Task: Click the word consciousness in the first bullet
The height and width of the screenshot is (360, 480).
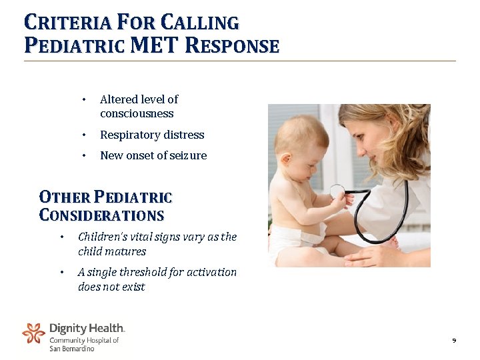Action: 137,114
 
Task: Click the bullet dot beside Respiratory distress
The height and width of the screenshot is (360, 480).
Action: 84,135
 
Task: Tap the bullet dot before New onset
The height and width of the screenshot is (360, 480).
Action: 84,155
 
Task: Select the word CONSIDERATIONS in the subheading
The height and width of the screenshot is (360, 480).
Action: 102,216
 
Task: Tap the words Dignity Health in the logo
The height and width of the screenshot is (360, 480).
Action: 87,328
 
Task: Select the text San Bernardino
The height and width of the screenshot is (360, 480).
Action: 72,349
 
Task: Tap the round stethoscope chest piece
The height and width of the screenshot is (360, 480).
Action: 337,191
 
